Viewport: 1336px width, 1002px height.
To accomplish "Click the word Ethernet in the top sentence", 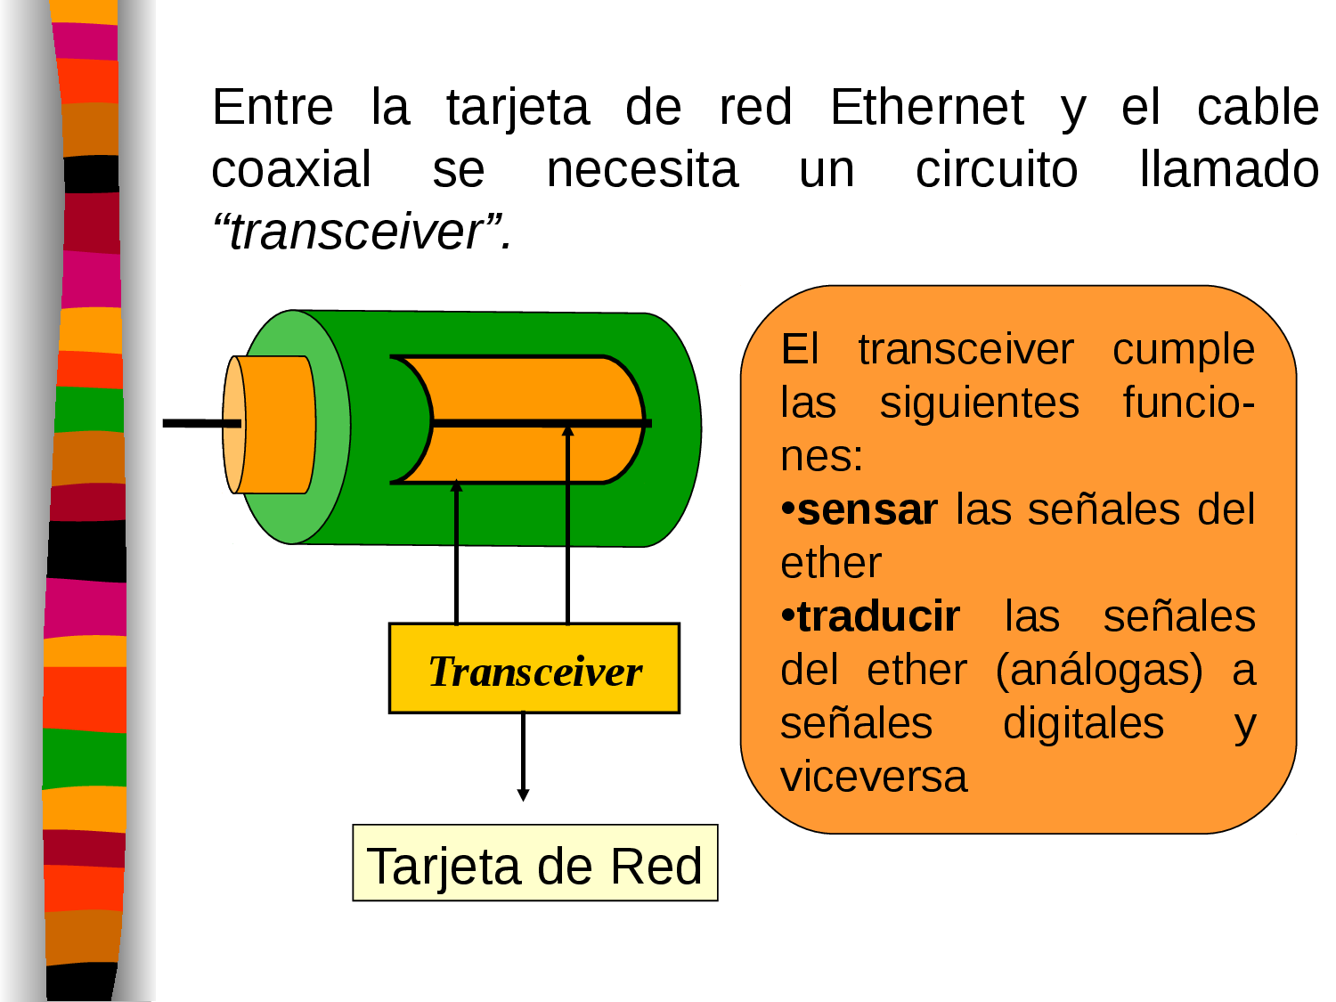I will pos(926,108).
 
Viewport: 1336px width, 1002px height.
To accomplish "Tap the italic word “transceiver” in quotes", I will pos(361,232).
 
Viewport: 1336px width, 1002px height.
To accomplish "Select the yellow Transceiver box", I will pos(534,669).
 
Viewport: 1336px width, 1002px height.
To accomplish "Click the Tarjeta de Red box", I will pos(534,864).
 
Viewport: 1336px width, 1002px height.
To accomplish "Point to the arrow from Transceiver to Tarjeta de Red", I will pos(523,757).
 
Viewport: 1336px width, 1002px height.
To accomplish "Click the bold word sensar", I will pos(867,510).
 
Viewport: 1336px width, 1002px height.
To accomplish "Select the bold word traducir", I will pos(878,617).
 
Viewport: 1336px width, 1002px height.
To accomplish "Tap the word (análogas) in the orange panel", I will pos(1099,671).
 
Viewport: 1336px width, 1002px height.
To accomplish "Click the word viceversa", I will pos(873,778).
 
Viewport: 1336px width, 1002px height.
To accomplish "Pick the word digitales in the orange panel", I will pos(1083,724).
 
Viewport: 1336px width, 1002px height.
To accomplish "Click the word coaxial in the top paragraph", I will pos(291,170).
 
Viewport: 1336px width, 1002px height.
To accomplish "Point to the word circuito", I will pos(997,170).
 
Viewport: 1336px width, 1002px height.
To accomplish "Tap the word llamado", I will pos(1229,170).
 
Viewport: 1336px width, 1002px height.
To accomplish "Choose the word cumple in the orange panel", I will pos(1183,349).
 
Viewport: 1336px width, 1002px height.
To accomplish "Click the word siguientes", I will pos(979,403).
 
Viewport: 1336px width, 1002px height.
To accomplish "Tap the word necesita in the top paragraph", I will pos(642,170).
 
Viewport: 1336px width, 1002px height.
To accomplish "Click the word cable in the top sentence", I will pos(1257,108).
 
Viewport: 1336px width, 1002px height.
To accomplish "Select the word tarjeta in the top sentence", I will pos(517,109).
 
